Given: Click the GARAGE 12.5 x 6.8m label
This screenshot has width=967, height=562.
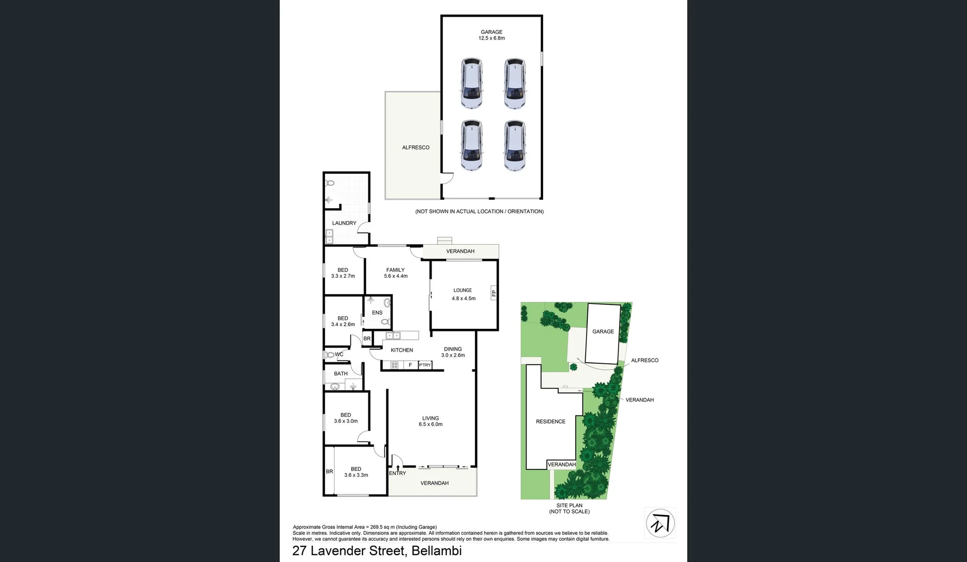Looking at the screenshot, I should coord(492,35).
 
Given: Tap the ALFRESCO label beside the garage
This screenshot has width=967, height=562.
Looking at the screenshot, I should coord(416,148).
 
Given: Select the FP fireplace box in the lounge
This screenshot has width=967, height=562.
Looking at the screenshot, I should coord(494,293).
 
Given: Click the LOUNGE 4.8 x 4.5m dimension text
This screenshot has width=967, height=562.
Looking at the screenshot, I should coord(463,299).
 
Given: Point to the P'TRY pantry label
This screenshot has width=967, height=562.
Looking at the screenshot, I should coord(425,365).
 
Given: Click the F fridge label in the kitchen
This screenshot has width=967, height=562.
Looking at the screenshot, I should coord(410,365).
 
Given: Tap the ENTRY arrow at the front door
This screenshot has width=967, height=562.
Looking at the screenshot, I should coord(398,469).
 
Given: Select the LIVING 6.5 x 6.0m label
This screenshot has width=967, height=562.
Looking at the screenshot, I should coord(430,421).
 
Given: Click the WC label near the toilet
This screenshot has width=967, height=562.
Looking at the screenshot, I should coord(339,354).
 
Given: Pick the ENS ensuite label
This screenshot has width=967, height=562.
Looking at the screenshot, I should coord(377,313).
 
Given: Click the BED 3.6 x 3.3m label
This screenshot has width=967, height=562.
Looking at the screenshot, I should coord(356,472).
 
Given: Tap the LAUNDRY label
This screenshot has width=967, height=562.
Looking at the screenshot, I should coord(344,223).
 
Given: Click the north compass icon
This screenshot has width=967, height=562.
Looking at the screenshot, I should coord(660,523).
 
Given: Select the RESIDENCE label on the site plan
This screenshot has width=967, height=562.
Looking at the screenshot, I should coord(550,421).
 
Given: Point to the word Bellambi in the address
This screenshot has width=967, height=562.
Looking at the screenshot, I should coord(436,551).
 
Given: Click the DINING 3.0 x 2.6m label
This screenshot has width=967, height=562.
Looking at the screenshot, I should coord(453,352).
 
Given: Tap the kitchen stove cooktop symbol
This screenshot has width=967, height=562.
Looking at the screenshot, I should coord(394,365).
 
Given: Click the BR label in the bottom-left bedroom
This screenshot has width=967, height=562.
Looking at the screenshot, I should coord(329,471).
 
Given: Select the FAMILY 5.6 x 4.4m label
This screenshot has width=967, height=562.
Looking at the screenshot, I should coord(395,273).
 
